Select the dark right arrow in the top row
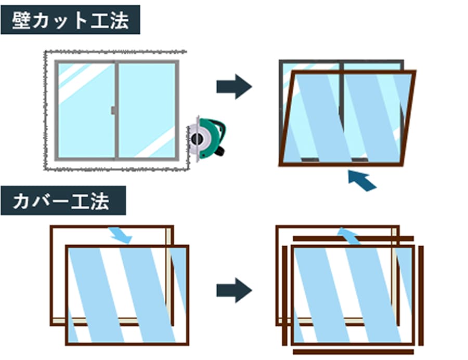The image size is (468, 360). [x=234, y=86]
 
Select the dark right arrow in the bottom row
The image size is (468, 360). [x=234, y=290]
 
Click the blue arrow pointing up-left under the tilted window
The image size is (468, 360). [x=362, y=180]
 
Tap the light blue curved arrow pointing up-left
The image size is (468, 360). [x=348, y=235]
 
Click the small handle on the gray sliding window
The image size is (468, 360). [x=112, y=110]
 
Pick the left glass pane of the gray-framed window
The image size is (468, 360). [x=86, y=110]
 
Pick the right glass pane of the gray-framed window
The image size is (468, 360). [x=147, y=110]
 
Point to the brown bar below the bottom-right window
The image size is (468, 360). [x=354, y=352]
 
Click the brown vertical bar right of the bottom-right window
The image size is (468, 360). [x=421, y=296]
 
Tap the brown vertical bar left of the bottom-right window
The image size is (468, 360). [x=284, y=296]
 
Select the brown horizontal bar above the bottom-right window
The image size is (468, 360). [x=354, y=239]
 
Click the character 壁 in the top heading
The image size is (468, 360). [x=23, y=20]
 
